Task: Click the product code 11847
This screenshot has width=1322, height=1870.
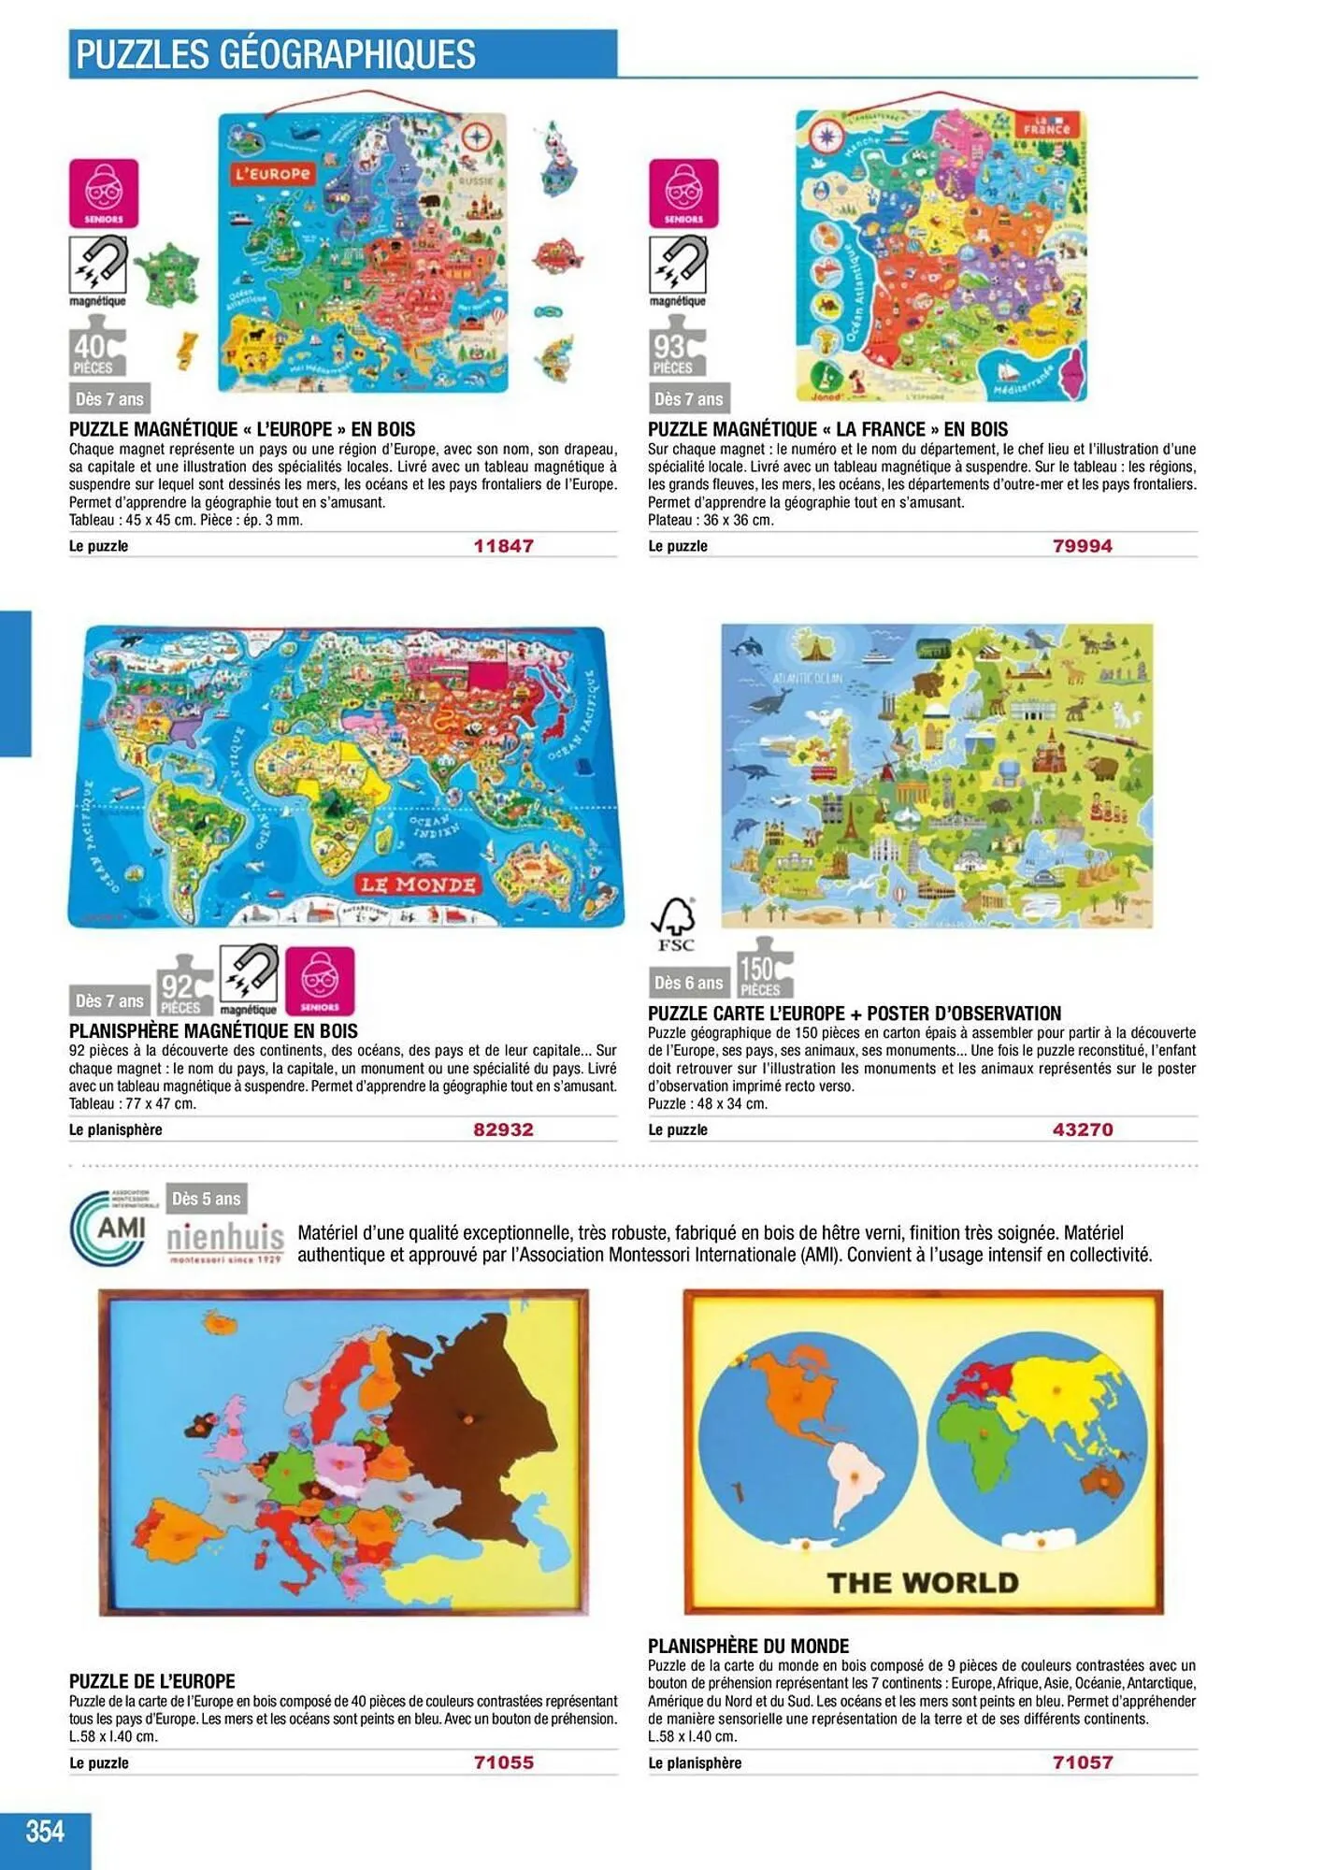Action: (503, 546)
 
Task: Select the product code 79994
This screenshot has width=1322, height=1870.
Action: (1082, 546)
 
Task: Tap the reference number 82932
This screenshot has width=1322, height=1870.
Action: (503, 1129)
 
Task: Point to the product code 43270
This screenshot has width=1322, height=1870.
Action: (1082, 1129)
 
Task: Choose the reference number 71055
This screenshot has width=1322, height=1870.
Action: (503, 1762)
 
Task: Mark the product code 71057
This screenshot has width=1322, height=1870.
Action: (1082, 1762)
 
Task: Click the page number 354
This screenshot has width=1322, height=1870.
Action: (45, 1830)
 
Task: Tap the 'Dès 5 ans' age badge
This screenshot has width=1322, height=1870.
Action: (206, 1199)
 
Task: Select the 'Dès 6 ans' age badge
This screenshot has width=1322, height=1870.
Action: (688, 983)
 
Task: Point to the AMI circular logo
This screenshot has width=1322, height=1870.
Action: (109, 1228)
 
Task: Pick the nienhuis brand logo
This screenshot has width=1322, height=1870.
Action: (225, 1241)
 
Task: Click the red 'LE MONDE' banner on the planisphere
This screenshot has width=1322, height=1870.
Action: (418, 885)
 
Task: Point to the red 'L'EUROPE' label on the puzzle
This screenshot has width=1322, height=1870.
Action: (272, 174)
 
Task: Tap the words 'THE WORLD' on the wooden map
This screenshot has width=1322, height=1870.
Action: (923, 1583)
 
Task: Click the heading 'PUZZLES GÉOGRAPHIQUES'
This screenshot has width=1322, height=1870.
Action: (276, 54)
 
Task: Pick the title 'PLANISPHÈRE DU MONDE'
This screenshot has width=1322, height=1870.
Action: (748, 1646)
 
